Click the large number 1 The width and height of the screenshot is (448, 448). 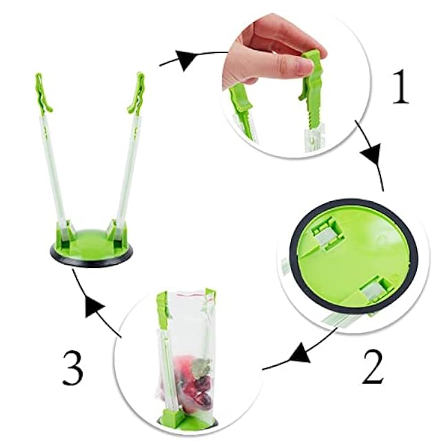point(401,86)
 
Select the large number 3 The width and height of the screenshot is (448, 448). point(73,368)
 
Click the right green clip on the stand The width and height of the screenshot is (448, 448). point(136,92)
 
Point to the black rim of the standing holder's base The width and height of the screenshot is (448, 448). point(92,259)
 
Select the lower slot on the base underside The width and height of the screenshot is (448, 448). point(374,291)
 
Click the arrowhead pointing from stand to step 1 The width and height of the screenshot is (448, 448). point(186,59)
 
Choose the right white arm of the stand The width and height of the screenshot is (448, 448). point(125,169)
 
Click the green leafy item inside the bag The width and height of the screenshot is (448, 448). point(201,366)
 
